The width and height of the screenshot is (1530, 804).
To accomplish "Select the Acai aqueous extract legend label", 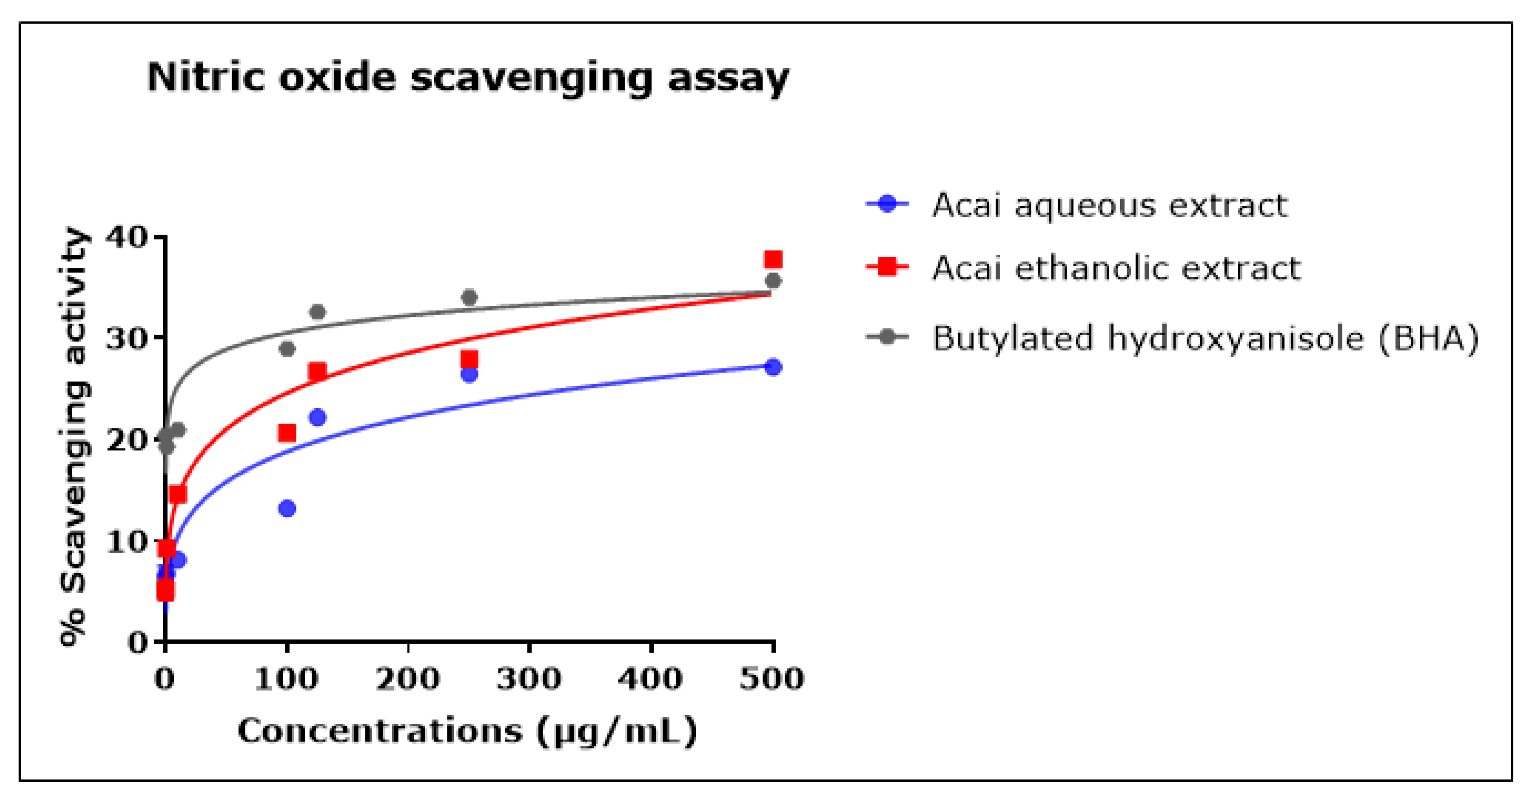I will pos(1109,206).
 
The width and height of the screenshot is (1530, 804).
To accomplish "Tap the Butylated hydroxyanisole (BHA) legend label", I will pos(1204,338).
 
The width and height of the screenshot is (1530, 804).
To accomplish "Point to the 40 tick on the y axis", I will pos(126,238).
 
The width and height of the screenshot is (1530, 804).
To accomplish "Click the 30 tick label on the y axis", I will pos(126,339).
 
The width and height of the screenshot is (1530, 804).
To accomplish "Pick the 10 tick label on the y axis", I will pos(126,541).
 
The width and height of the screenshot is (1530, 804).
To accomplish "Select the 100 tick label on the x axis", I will pos(286,678).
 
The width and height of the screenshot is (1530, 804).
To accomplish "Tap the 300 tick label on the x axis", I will pos(529,678).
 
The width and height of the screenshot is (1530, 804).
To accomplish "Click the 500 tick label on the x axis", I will pos(771,678).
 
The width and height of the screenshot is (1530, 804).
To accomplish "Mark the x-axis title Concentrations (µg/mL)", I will pos(467,731).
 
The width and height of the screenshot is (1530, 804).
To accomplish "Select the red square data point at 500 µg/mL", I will pos(773,260).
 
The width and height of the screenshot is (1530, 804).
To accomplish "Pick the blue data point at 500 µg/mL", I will pos(773,367).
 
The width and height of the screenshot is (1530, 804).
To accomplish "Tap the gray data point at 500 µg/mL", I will pos(773,281).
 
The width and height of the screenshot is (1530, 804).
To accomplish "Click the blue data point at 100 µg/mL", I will pos(287,509).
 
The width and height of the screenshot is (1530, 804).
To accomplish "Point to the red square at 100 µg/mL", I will pos(287,433).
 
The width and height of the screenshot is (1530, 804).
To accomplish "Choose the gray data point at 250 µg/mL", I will pos(469,297).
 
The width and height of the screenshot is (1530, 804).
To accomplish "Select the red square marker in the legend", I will pos(887,267).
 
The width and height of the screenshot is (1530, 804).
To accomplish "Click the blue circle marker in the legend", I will pos(887,204).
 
